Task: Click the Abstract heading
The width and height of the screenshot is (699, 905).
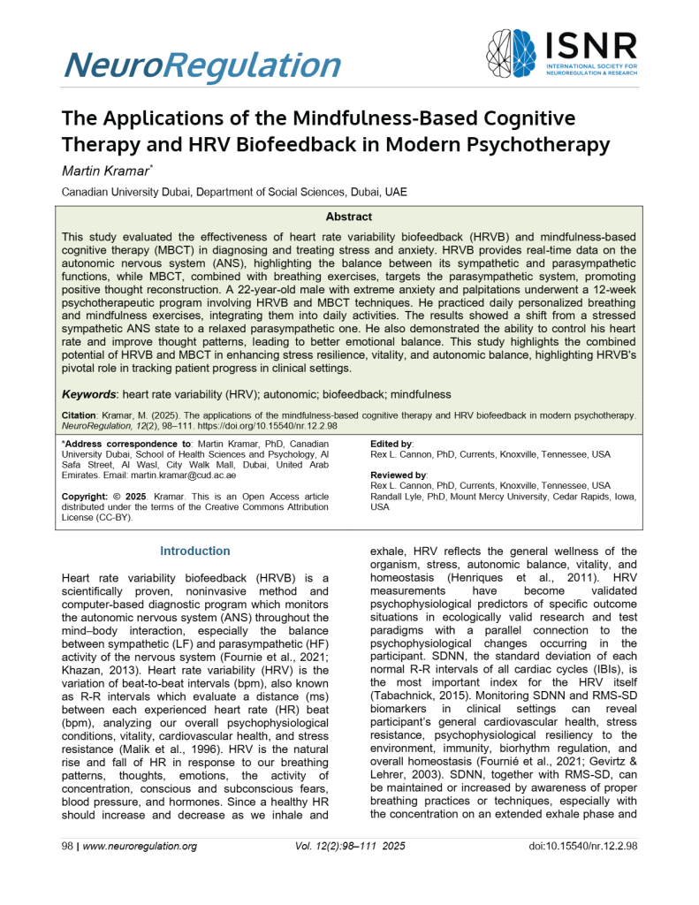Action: (x=349, y=217)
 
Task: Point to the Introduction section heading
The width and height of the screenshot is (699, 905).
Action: (x=195, y=551)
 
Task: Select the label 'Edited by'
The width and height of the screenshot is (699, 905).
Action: (x=391, y=443)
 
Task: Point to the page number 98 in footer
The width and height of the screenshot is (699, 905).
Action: (x=67, y=846)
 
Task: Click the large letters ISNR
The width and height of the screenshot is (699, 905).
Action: (x=591, y=44)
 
